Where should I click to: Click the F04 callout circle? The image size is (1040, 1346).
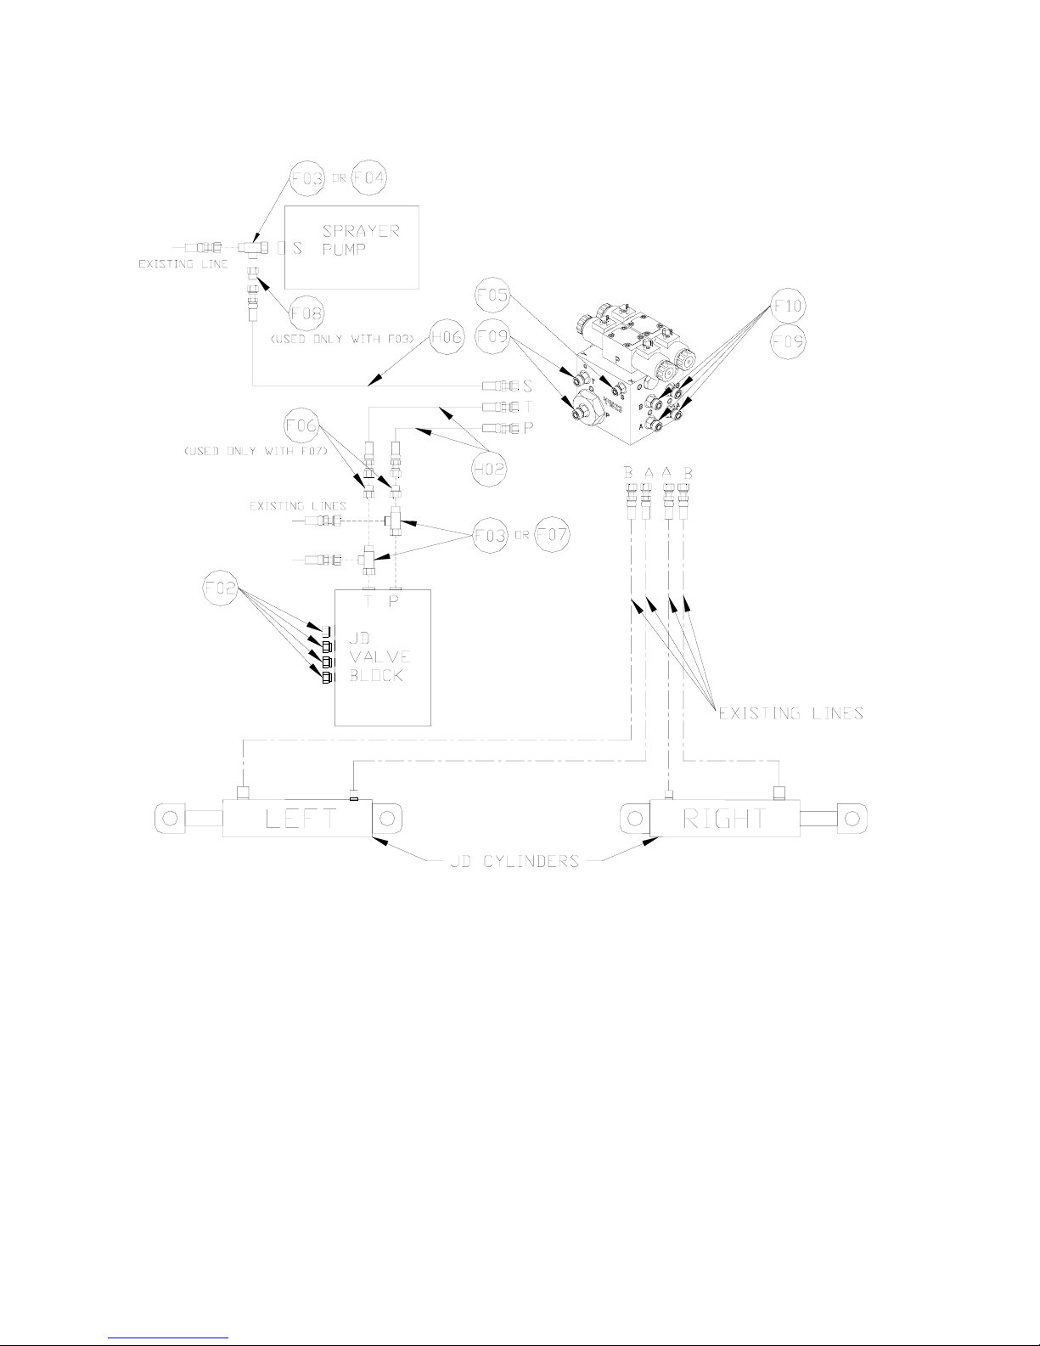(x=370, y=179)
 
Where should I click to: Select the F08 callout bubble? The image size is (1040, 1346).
(x=306, y=313)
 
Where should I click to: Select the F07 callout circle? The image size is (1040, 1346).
(x=552, y=535)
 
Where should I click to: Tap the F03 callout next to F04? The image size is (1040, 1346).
(x=307, y=179)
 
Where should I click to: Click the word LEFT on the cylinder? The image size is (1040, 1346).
(x=301, y=819)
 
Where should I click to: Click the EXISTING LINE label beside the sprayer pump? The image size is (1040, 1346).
(x=183, y=265)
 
